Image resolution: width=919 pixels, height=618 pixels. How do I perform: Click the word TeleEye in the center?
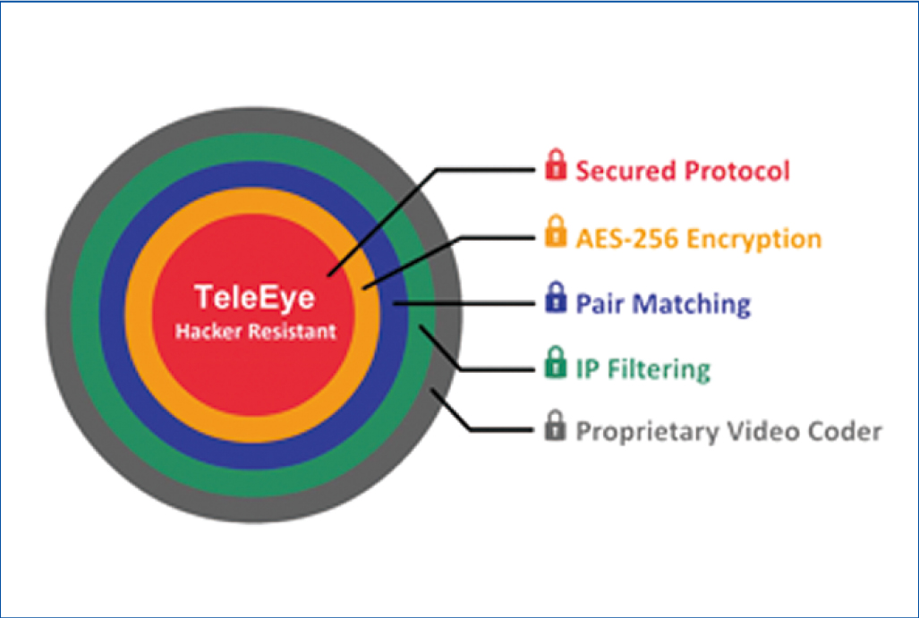pyautogui.click(x=255, y=297)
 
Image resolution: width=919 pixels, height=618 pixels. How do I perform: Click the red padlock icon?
pyautogui.click(x=556, y=165)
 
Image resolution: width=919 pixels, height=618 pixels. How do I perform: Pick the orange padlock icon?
pyautogui.click(x=556, y=232)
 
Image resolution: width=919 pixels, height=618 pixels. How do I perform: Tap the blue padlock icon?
pyautogui.click(x=556, y=298)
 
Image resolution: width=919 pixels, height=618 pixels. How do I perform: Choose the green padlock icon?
pyautogui.click(x=556, y=362)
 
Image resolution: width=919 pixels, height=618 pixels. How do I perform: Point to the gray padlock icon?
pyautogui.click(x=556, y=426)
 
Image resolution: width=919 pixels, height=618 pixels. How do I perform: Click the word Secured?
pyautogui.click(x=626, y=171)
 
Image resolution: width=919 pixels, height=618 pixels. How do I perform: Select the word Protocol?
pyautogui.click(x=736, y=172)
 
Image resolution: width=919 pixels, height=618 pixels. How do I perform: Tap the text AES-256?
pyautogui.click(x=626, y=239)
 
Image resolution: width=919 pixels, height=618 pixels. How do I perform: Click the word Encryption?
pyautogui.click(x=753, y=240)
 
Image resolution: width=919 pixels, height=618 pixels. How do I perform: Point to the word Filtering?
pyautogui.click(x=659, y=369)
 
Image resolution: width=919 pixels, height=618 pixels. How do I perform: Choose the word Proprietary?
pyautogui.click(x=648, y=432)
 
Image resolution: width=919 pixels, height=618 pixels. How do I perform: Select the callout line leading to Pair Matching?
pyautogui.click(x=464, y=303)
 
